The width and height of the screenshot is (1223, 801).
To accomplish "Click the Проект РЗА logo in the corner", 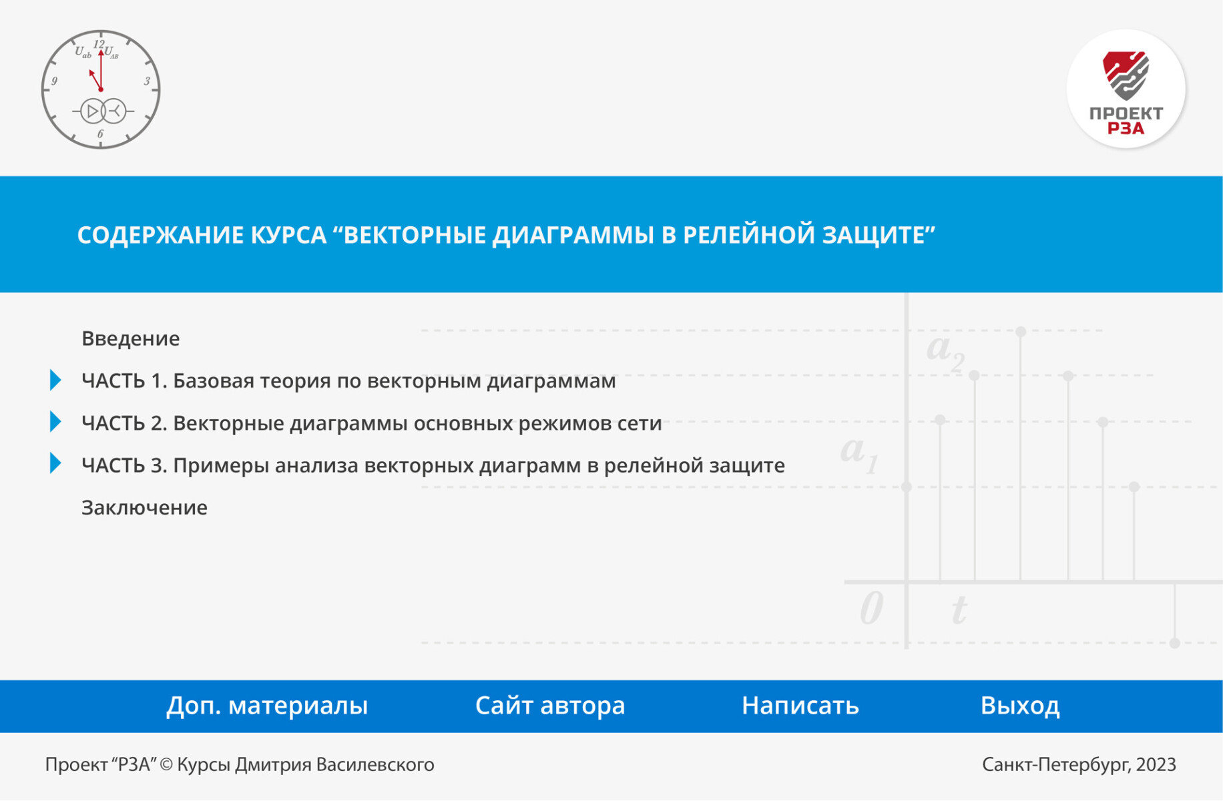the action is click(x=1126, y=88).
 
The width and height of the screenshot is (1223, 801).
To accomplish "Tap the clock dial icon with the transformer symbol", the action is click(x=101, y=89).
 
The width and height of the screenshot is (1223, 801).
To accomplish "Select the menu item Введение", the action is click(x=130, y=338).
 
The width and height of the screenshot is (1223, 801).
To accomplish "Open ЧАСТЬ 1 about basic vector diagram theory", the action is click(x=348, y=380).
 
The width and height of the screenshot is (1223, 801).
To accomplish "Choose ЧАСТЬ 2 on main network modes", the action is click(x=372, y=423).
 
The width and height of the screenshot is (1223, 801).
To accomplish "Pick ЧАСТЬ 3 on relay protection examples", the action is click(x=433, y=465).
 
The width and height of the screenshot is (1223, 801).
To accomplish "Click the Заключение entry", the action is click(x=144, y=507).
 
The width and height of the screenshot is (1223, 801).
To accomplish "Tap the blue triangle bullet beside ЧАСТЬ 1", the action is click(x=55, y=380).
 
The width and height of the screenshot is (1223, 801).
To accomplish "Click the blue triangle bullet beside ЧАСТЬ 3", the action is click(x=55, y=463).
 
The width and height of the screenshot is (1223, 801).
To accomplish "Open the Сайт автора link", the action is click(x=550, y=706).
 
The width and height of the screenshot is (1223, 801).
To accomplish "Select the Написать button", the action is click(x=800, y=706).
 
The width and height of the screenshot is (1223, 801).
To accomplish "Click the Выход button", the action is click(x=1020, y=706).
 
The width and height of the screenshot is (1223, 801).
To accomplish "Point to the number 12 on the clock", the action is click(x=99, y=44).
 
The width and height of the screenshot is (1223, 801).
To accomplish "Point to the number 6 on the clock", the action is click(x=100, y=133).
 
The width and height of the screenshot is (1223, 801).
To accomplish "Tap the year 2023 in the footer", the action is click(x=1156, y=764).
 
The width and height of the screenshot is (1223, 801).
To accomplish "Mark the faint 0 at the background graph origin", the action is click(x=871, y=608).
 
